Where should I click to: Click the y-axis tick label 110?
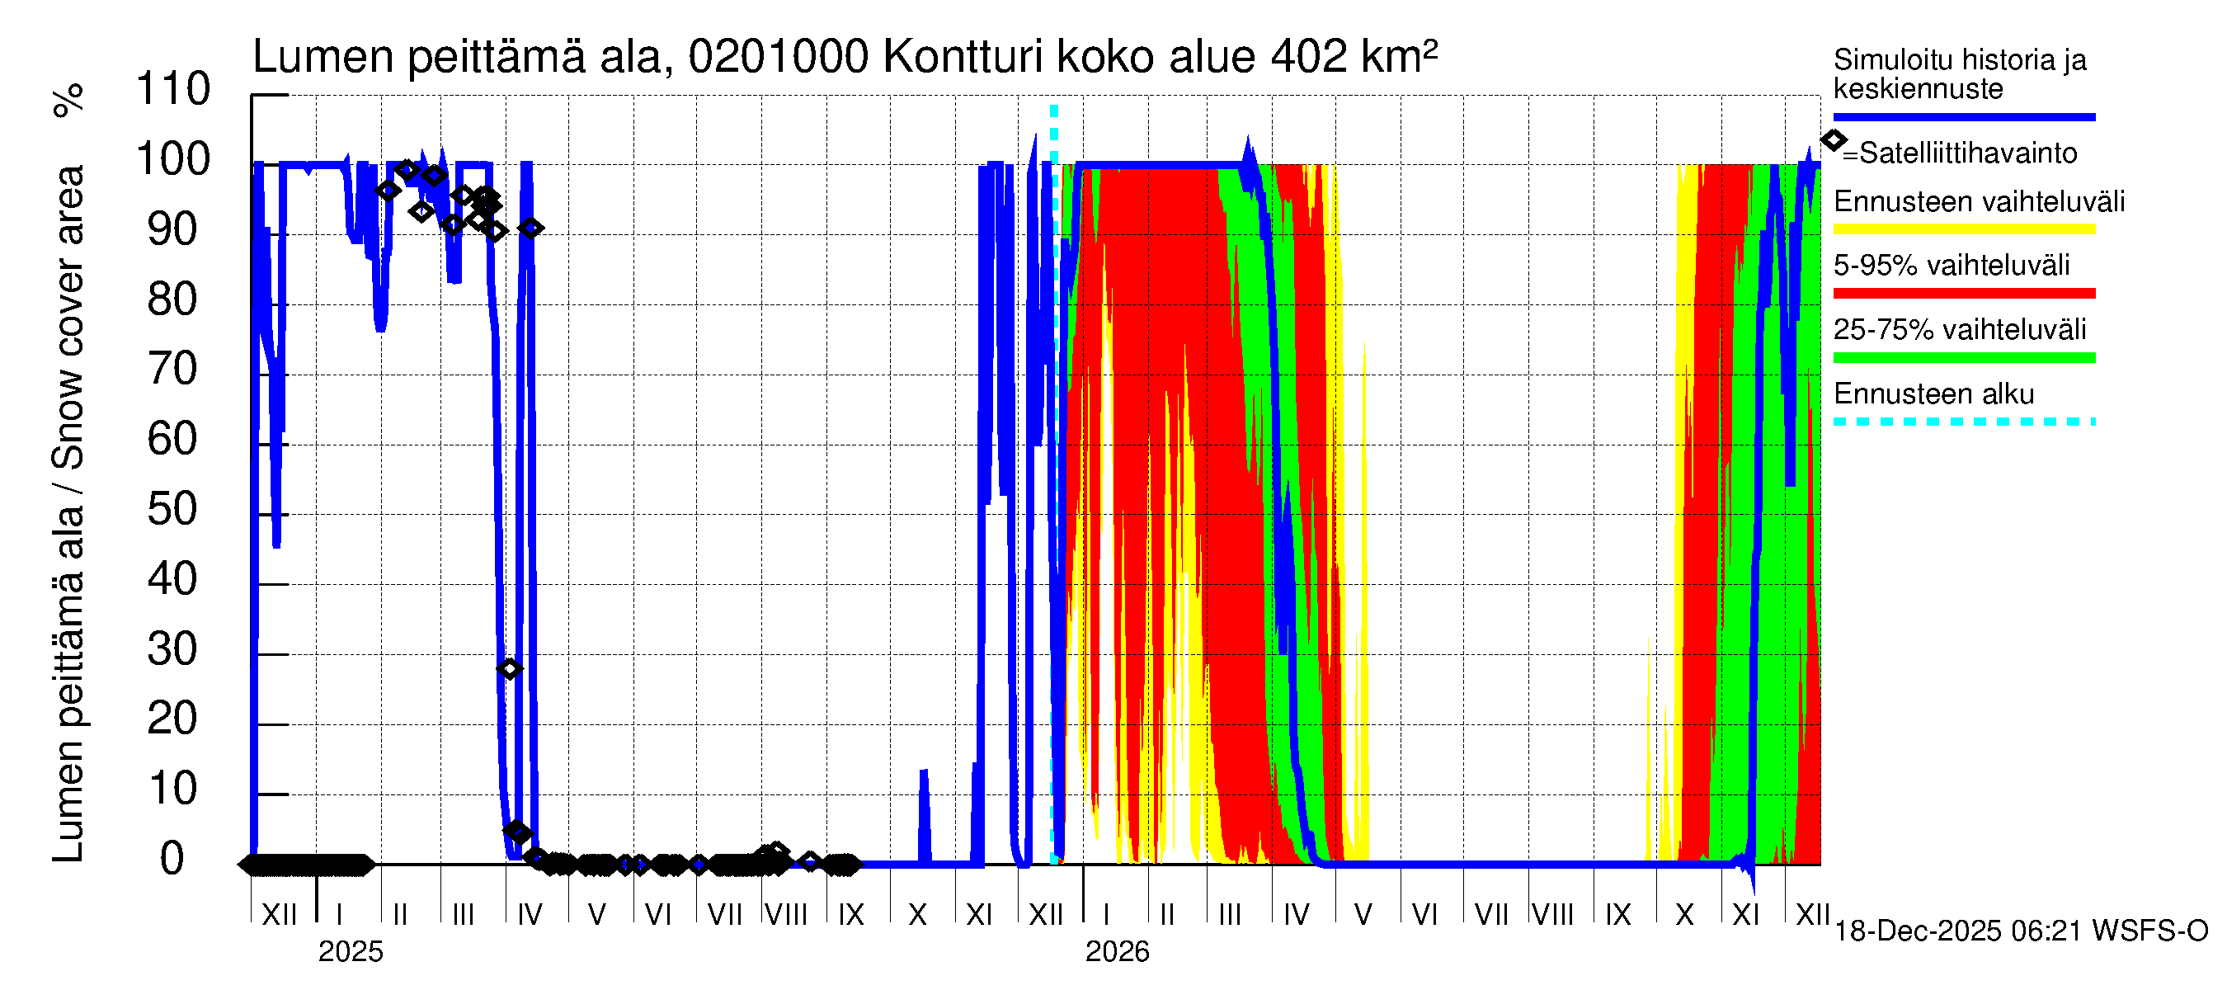(173, 89)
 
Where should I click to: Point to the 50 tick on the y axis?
(173, 509)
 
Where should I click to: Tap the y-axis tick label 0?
(173, 859)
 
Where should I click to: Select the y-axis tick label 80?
(173, 299)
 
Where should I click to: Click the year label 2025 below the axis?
(350, 952)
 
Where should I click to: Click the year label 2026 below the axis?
(1117, 952)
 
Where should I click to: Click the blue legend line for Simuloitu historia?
(1963, 116)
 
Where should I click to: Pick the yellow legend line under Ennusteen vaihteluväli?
(1963, 230)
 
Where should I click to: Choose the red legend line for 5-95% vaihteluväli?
(1963, 294)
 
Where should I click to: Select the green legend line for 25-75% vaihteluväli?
(1963, 358)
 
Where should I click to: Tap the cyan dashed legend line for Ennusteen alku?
(1963, 422)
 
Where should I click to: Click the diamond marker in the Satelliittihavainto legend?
(1833, 140)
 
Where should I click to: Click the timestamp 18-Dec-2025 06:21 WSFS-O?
(2020, 931)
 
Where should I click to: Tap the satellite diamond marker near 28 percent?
(509, 668)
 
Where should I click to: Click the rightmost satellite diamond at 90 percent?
(531, 229)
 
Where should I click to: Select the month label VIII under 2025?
(786, 915)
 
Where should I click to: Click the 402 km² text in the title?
(1354, 57)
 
